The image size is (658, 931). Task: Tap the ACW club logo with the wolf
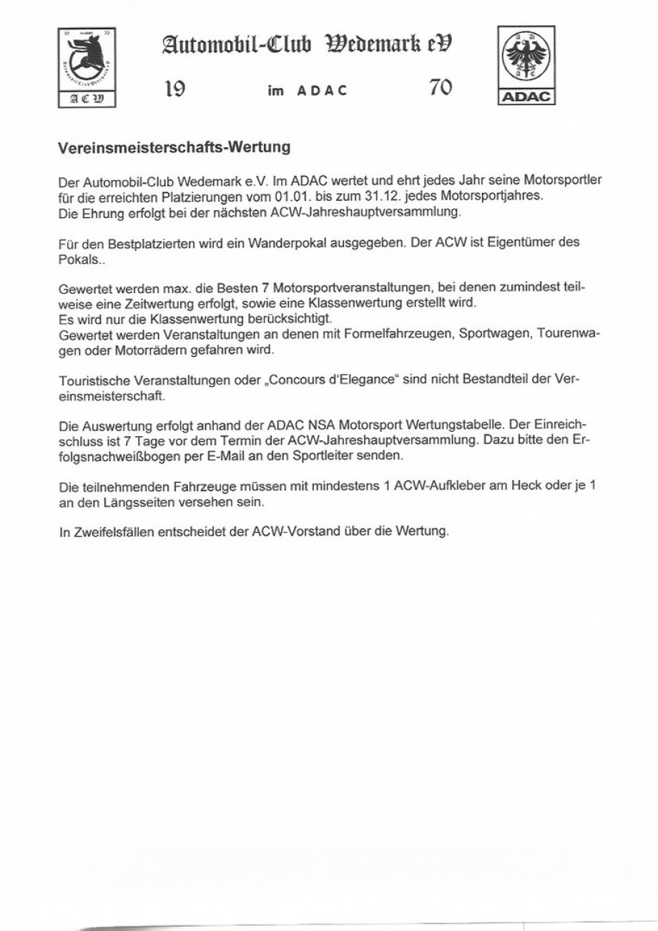point(86,66)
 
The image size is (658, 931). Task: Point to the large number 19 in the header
point(176,89)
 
